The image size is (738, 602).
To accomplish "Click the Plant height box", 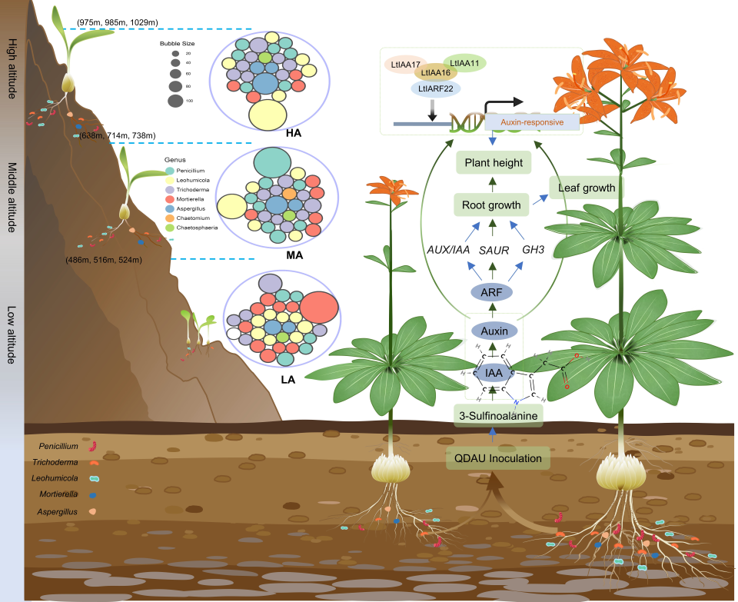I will (x=492, y=163).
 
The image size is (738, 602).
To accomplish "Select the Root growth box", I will (x=492, y=205).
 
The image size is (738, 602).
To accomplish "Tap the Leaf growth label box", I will (x=587, y=187).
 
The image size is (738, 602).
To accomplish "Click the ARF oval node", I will (x=492, y=292).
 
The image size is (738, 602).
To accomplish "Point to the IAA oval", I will (x=492, y=374).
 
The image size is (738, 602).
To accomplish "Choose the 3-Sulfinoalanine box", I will (x=498, y=415).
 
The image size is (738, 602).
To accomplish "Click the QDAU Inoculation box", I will (x=498, y=459).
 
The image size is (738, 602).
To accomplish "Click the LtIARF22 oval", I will (x=436, y=88).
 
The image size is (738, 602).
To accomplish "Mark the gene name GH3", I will (x=533, y=251).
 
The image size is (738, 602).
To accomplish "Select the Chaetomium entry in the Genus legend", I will (x=188, y=218).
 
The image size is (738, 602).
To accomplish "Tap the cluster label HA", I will (x=293, y=133).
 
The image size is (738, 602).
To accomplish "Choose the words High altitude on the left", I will (x=11, y=69).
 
